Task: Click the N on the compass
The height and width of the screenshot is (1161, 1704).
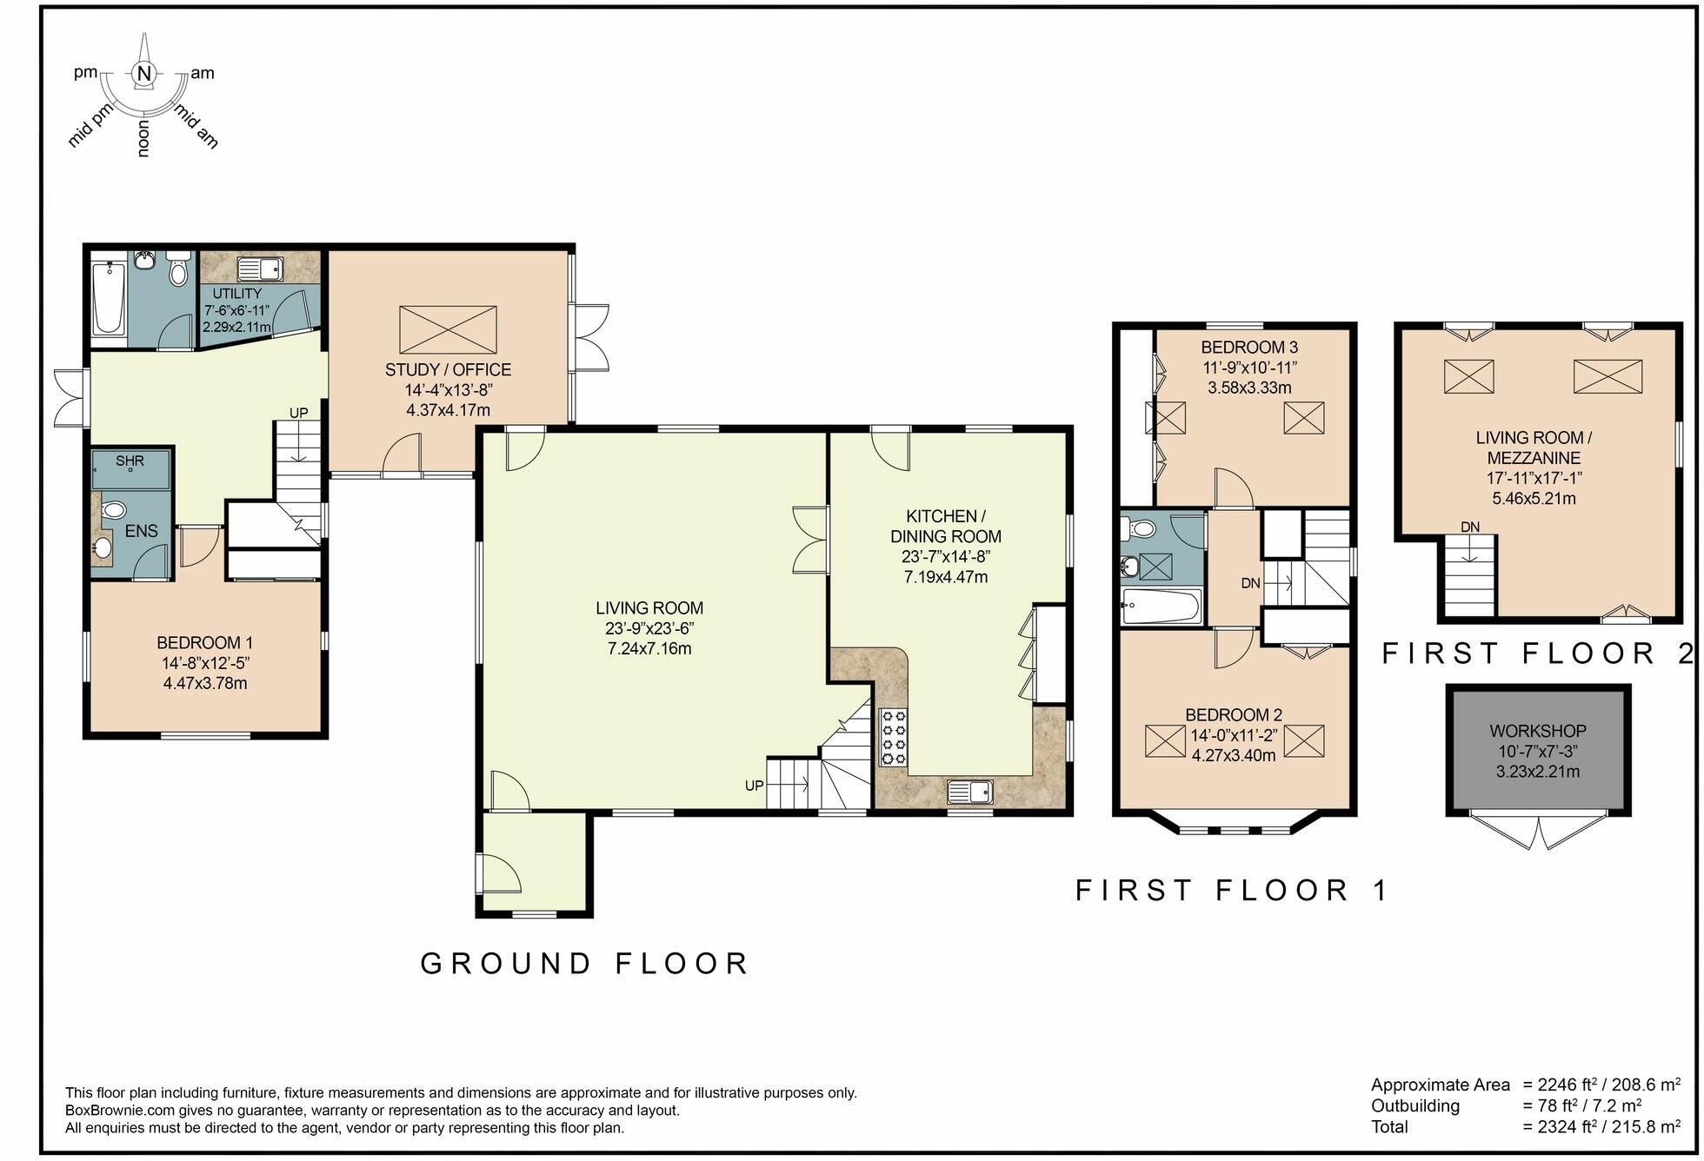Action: click(x=145, y=75)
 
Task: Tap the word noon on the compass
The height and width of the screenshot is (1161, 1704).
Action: click(x=143, y=139)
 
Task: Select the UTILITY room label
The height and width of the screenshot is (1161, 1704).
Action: click(x=237, y=294)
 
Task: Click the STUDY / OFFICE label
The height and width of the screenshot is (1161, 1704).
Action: click(x=449, y=370)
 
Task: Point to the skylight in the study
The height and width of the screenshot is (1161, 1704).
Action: click(x=448, y=329)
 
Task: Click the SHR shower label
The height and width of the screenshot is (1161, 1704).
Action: click(x=130, y=461)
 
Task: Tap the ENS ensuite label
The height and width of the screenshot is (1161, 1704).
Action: click(x=142, y=531)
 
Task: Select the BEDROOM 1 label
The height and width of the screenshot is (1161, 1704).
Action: click(x=205, y=643)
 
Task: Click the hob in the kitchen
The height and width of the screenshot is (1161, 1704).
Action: click(x=893, y=738)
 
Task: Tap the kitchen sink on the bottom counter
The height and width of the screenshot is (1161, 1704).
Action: click(x=970, y=792)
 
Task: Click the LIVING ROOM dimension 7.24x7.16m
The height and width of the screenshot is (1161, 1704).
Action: click(x=649, y=649)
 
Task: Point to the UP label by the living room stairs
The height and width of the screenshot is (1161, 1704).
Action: click(x=754, y=786)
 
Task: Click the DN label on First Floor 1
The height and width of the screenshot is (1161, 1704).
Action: click(x=1251, y=583)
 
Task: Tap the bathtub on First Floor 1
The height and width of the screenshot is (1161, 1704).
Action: click(x=1162, y=607)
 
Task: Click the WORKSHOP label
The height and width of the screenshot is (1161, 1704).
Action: click(x=1538, y=732)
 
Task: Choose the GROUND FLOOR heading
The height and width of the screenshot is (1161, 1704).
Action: click(x=585, y=964)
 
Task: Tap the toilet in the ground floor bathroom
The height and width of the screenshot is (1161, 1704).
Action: click(x=179, y=269)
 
